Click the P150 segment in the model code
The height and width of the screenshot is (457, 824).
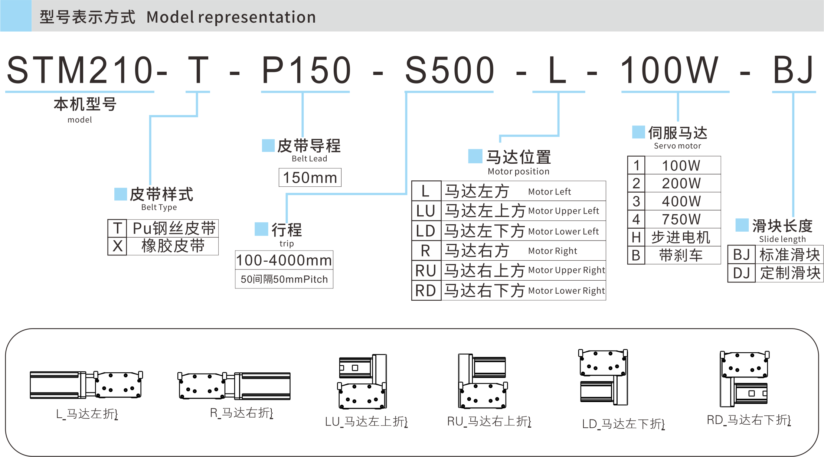coord(306,70)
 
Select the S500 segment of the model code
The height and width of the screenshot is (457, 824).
coord(449,70)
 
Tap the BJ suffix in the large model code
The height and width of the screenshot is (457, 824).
coord(793,70)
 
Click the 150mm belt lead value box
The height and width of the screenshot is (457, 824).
coord(310,177)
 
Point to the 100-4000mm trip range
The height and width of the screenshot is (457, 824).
coord(284,260)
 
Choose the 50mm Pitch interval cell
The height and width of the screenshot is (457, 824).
coord(284,279)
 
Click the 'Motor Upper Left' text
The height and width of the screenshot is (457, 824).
coord(563,211)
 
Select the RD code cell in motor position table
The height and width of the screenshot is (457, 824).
coord(426,291)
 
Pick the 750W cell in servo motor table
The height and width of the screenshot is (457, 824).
coord(681,219)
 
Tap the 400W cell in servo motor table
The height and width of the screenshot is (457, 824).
coord(681,201)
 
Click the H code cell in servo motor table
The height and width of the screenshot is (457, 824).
coord(636,237)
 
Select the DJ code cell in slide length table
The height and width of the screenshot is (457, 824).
coord(741,273)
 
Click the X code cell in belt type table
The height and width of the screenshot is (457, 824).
coord(118,246)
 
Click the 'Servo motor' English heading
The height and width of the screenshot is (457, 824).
coord(677,146)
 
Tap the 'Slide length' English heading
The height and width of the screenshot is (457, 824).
coord(782,239)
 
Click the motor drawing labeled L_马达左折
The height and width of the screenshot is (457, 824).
coord(86,385)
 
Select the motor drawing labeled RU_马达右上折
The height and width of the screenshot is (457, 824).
coord(483,381)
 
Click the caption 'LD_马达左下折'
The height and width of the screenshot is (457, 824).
coord(623,424)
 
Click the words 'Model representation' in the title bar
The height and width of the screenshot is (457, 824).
coord(231,17)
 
